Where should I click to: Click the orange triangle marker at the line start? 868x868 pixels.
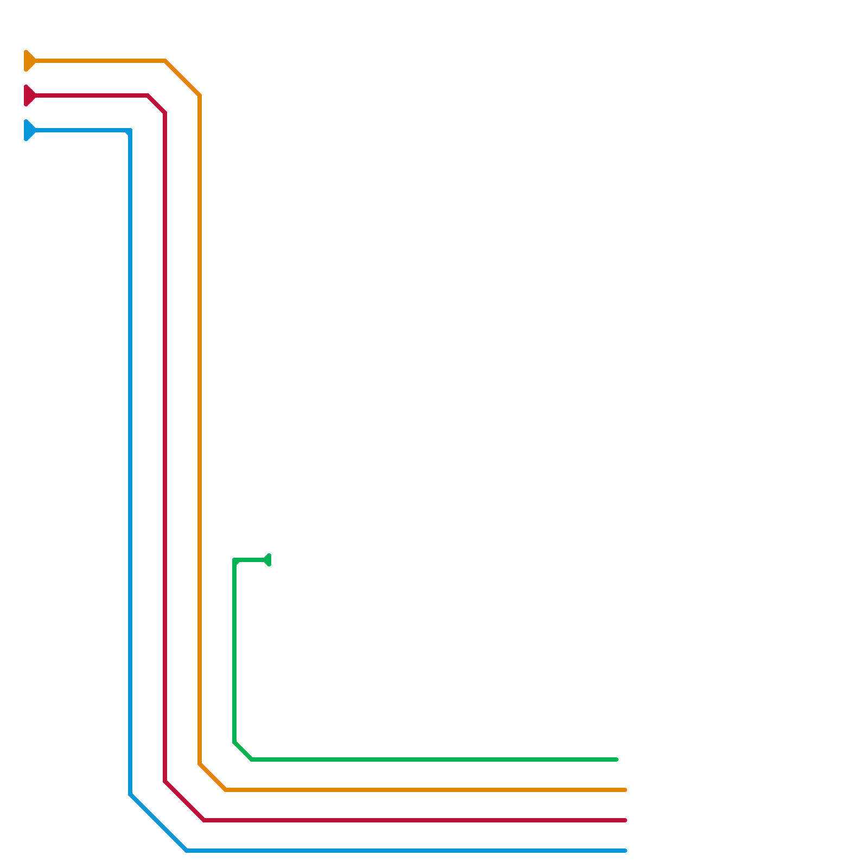coord(29,61)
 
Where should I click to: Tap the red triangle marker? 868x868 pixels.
coord(29,95)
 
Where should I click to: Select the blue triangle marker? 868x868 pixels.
coord(29,130)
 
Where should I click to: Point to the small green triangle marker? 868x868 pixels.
coord(267,560)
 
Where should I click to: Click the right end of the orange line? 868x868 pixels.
coord(625,790)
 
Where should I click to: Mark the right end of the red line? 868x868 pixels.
coord(625,820)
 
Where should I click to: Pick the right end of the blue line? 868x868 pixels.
coord(625,851)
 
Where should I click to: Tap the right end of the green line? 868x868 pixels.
coord(616,759)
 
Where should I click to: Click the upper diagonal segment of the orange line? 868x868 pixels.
coord(183,78)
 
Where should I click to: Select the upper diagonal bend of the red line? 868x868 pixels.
coord(157,104)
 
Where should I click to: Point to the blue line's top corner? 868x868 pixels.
coord(129,131)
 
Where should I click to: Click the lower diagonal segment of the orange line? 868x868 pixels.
coord(213,777)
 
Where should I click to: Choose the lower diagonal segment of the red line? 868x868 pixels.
coord(184,801)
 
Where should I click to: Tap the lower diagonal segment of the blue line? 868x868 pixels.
coord(158,822)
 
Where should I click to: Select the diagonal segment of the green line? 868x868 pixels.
coord(243,751)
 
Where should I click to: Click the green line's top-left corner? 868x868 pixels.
coord(235,560)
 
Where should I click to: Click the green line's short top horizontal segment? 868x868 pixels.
coord(250,560)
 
